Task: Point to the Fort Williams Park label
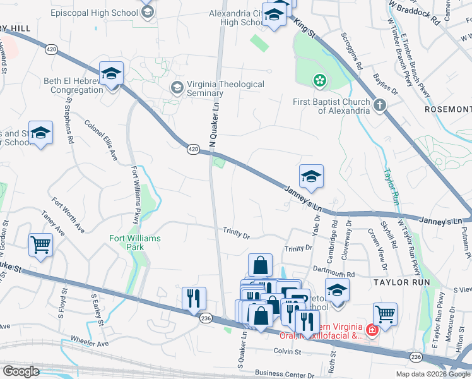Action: point(135,243)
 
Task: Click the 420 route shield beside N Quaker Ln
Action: point(193,149)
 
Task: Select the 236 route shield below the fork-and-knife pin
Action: point(206,320)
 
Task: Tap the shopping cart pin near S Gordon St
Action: point(40,244)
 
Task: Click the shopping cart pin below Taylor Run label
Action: point(385,313)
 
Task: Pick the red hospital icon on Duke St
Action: point(372,330)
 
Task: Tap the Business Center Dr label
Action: point(285,375)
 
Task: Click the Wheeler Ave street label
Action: point(90,344)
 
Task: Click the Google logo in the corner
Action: point(21,371)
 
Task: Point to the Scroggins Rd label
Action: point(351,51)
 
